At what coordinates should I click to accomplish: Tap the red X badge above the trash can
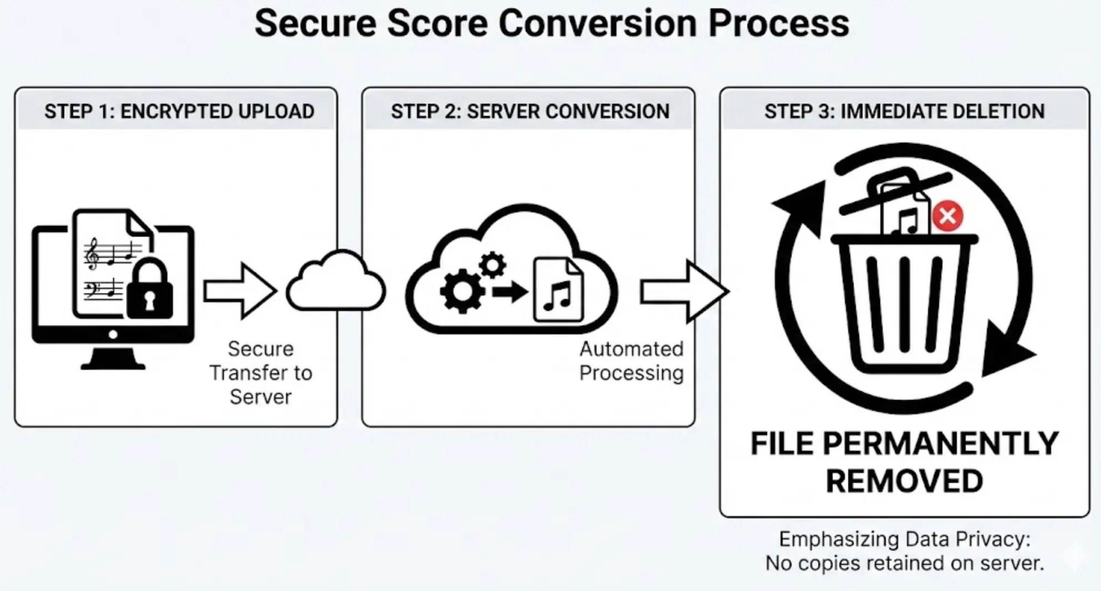947,216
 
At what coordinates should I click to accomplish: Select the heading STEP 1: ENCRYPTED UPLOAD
179,111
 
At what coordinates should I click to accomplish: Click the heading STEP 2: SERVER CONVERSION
530,111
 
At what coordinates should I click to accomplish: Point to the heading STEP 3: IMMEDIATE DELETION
904,111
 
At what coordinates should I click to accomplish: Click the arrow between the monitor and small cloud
239,291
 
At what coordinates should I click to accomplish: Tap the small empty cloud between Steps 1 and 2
335,283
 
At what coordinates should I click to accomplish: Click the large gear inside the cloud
462,291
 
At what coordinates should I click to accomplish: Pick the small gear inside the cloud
492,265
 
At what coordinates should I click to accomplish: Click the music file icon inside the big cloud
558,291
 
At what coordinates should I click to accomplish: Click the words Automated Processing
631,361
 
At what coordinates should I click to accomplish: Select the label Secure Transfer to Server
261,373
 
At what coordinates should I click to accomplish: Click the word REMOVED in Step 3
904,481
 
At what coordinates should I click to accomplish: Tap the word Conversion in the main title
597,23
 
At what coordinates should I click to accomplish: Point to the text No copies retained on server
904,563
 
